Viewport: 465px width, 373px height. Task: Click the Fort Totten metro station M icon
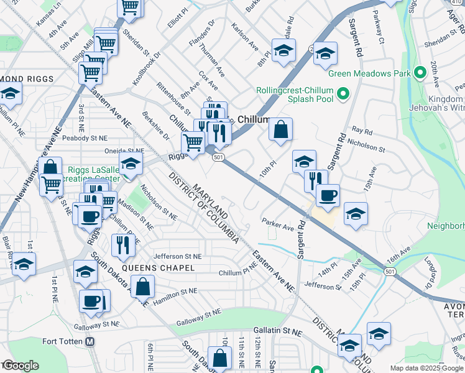click(90, 341)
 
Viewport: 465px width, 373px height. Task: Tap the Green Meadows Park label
click(369, 73)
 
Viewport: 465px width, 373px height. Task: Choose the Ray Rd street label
click(362, 132)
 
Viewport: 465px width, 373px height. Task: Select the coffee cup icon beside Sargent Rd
click(328, 195)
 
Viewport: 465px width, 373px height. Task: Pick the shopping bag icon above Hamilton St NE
click(143, 286)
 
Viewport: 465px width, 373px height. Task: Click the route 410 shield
click(456, 3)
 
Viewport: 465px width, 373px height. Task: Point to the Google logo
click(20, 366)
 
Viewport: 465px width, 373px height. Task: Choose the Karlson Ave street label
click(244, 38)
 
